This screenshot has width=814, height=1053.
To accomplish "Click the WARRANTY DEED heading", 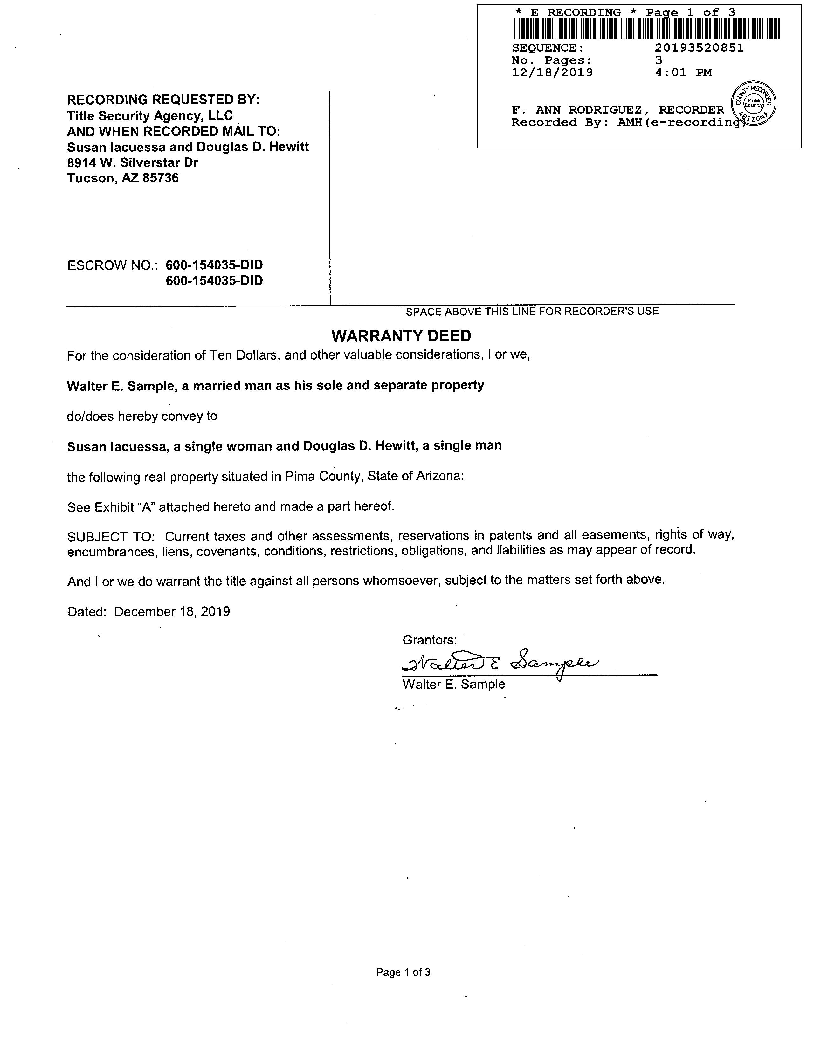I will click(x=401, y=335).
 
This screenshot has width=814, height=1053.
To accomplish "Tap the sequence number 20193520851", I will click(x=699, y=48).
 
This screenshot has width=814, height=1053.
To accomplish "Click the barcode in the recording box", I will click(x=646, y=28).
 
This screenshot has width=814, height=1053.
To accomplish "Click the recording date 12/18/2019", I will click(x=552, y=73).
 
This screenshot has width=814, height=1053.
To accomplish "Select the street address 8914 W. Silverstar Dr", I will click(x=133, y=162).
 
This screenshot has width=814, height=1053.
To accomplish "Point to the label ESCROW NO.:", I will click(x=113, y=265).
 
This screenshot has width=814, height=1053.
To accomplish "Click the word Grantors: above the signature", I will click(x=430, y=640).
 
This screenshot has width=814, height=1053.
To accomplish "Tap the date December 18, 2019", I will click(x=172, y=612).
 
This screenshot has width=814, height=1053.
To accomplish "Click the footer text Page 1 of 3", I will click(x=403, y=973).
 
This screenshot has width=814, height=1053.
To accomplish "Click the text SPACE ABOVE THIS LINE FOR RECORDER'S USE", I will click(x=532, y=312).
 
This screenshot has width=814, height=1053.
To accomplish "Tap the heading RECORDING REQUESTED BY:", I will click(x=163, y=100).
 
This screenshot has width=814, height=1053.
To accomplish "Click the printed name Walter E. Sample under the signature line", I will click(x=454, y=685).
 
